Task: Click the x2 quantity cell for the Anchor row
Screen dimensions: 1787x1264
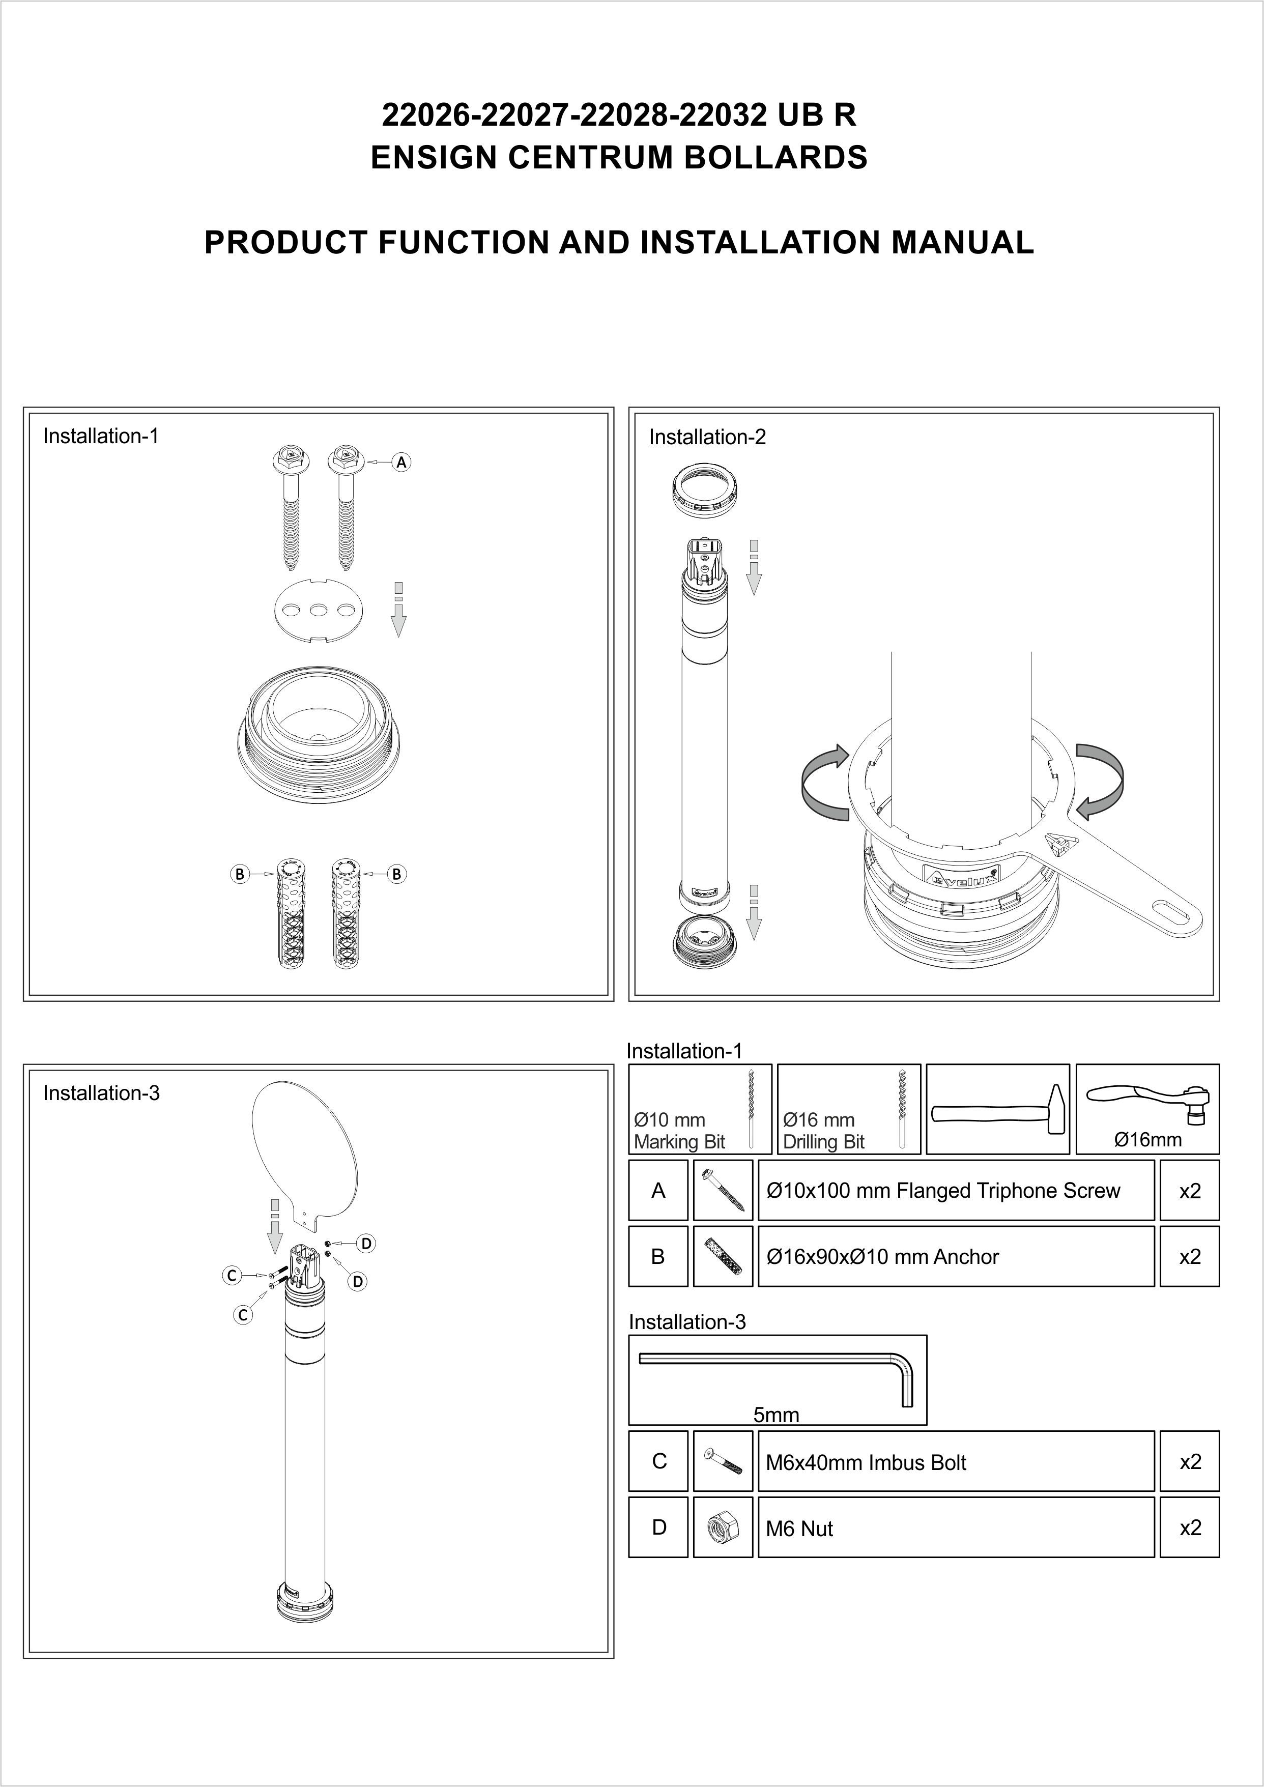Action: pos(1189,1256)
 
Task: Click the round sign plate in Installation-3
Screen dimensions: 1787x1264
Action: pos(306,1150)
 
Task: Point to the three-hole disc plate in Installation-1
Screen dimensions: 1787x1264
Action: pos(319,610)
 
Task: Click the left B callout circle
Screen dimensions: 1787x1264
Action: pos(240,874)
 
